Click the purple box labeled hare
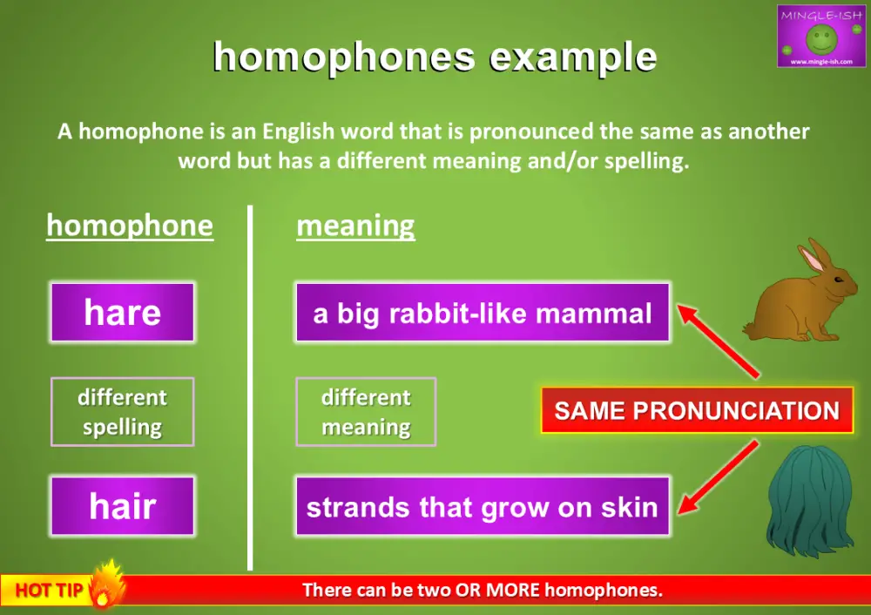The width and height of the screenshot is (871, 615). [122, 312]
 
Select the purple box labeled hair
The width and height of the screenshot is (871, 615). [122, 506]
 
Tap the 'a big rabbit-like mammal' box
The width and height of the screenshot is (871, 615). [482, 312]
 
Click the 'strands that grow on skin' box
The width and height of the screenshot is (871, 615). [482, 506]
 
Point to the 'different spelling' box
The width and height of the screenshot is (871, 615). [122, 412]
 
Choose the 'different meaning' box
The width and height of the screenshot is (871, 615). [366, 412]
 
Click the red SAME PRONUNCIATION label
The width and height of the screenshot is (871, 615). [697, 410]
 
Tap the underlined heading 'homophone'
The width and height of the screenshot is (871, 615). [129, 226]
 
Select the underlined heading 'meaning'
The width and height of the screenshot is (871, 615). [355, 226]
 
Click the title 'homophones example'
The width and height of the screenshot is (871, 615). [435, 57]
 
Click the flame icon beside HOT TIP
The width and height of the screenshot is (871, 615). [107, 585]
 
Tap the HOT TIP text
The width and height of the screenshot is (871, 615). [49, 591]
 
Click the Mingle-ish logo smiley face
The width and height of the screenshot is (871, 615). [821, 37]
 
